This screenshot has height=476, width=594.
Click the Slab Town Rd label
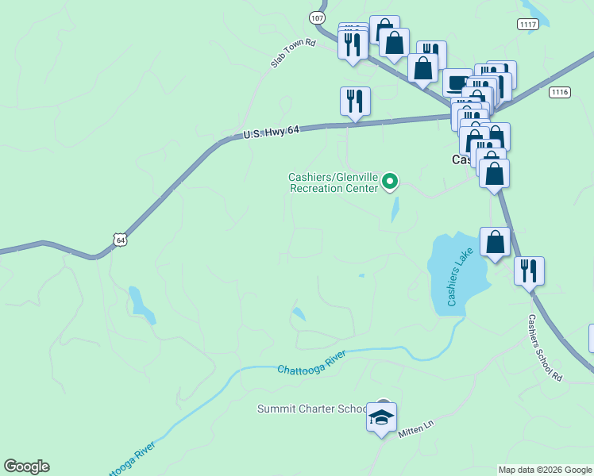(x=293, y=53)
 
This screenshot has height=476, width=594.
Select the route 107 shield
(x=318, y=17)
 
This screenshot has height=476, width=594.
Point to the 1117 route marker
(x=529, y=25)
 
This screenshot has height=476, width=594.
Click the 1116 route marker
(x=559, y=92)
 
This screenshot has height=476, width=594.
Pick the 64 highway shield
(x=119, y=238)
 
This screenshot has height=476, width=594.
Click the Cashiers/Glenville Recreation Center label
(x=334, y=182)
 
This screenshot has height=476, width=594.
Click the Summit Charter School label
(x=311, y=409)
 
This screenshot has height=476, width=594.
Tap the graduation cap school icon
(x=381, y=417)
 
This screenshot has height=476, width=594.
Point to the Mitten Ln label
(x=416, y=425)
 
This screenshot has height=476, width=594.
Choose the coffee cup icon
(x=457, y=83)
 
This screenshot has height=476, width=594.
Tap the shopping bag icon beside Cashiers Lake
(x=495, y=243)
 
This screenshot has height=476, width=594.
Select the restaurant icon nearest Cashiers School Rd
(x=528, y=271)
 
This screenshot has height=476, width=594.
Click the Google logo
(x=26, y=466)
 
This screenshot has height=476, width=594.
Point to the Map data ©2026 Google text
(x=546, y=470)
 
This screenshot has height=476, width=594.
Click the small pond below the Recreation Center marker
(x=395, y=209)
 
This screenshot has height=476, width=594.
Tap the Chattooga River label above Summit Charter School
(x=313, y=363)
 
